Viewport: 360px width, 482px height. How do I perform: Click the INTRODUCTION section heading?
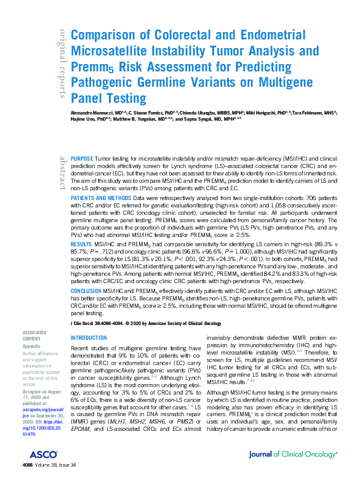tap(89, 338)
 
